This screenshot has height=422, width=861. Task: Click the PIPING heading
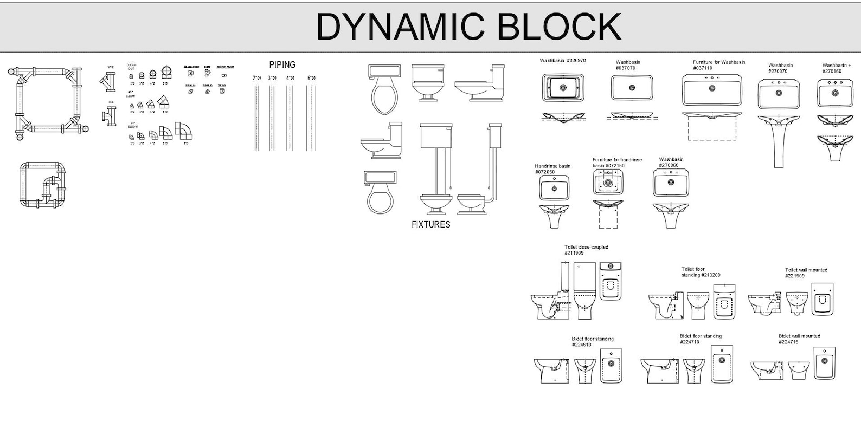282,65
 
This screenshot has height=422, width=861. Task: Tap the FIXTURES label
431,224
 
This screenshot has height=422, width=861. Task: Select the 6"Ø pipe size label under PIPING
311,78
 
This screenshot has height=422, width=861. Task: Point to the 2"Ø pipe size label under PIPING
257,78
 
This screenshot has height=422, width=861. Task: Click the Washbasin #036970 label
562,61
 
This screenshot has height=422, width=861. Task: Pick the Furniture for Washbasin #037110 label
718,65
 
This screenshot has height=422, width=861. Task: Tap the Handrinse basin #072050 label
552,169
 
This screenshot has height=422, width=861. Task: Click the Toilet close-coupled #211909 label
586,250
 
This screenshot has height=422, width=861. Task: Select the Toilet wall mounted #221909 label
806,272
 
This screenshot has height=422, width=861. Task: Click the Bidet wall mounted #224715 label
799,339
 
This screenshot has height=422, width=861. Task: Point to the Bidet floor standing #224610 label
592,342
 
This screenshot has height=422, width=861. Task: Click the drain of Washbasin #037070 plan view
632,88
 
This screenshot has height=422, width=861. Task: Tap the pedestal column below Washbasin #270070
779,146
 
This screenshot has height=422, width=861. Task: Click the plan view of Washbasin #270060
671,183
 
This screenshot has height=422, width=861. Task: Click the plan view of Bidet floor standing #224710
722,363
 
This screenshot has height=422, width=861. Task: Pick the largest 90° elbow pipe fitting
185,131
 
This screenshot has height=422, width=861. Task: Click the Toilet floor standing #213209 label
701,272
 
